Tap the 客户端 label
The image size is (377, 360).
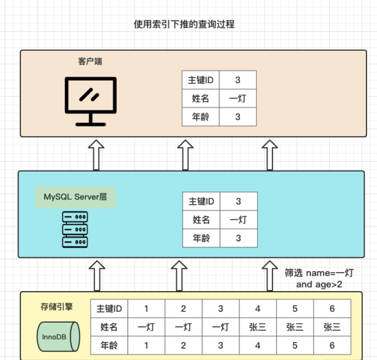(91, 62)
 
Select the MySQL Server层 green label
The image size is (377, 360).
(75, 197)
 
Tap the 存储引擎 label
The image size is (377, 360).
(57, 307)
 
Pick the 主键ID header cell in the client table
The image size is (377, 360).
(201, 80)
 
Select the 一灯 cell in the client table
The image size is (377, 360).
(238, 98)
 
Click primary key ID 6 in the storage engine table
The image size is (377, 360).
(332, 309)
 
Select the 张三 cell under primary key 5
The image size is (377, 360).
(295, 327)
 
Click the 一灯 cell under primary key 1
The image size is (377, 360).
(146, 327)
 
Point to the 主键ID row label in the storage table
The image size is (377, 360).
(109, 309)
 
